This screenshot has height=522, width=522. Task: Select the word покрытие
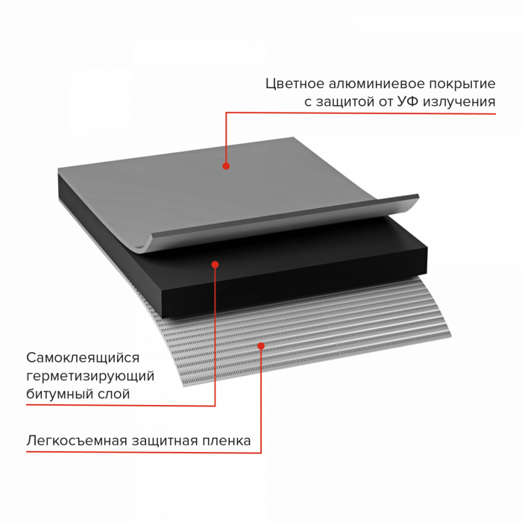[462, 84]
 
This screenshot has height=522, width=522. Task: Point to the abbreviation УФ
[408, 101]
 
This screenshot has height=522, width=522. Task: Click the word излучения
[459, 102]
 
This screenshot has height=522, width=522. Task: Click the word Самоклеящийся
[83, 358]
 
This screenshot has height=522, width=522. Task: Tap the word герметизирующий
[90, 376]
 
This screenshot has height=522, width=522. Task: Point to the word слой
[113, 394]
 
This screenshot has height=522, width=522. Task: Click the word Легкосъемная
[77, 441]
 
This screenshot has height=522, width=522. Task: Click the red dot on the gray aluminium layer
[226, 166]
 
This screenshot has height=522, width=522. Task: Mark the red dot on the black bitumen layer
[215, 265]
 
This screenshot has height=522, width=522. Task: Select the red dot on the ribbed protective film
[261, 346]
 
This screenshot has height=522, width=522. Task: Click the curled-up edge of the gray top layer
[283, 220]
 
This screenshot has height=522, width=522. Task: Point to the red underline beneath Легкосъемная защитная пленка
[144, 453]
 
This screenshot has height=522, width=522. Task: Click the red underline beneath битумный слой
[121, 405]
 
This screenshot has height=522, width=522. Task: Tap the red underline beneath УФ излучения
[361, 113]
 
